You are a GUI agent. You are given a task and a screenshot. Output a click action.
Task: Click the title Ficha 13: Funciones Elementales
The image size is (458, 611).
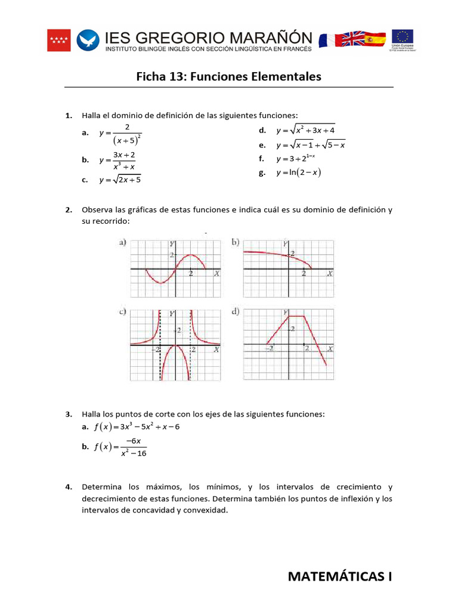pos(228,77)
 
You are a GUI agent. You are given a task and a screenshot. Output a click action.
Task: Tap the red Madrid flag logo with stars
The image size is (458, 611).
pos(58,41)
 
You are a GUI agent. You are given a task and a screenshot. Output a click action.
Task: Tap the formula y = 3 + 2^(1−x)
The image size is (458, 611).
pos(295,159)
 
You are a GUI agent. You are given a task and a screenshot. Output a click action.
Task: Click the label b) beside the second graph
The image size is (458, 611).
pos(236,242)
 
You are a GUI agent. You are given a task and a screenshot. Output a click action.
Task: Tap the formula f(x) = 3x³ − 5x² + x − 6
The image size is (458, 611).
pos(137,427)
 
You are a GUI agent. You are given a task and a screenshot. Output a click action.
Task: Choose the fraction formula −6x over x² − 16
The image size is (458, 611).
pos(120,446)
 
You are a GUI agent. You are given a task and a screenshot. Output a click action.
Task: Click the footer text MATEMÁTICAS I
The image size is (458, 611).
pos(340,576)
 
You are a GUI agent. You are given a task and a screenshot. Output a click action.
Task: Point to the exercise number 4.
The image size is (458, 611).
pos(69,487)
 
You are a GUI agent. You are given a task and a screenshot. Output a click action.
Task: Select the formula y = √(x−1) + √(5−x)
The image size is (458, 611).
pos(310,145)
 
